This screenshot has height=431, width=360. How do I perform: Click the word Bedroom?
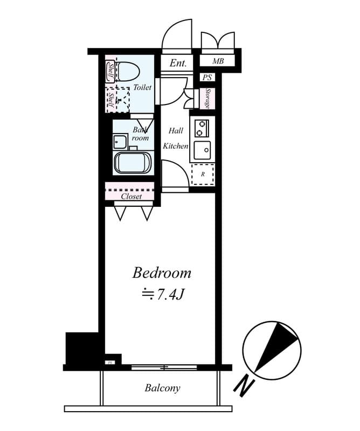[162, 273]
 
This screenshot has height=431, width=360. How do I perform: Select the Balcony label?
[162, 388]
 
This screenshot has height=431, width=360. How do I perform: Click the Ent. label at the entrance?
[178, 63]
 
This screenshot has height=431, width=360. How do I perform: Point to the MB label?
[218, 61]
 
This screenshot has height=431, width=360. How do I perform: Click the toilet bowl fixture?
[128, 71]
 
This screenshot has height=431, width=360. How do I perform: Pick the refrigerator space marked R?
[203, 174]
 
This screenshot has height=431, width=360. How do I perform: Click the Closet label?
[131, 197]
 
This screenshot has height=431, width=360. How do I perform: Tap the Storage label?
[207, 98]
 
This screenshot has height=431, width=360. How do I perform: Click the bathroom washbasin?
[120, 142]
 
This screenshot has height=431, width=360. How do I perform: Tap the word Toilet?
[143, 87]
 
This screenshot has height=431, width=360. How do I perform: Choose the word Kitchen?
[176, 146]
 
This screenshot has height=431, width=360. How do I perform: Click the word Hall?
[176, 130]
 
